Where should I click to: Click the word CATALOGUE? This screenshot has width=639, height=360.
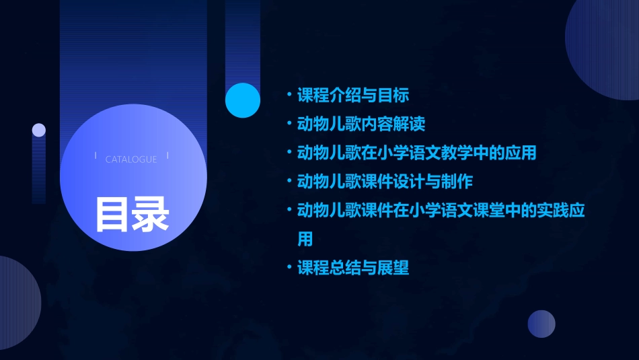click(131, 159)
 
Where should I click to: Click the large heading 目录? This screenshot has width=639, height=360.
click(132, 214)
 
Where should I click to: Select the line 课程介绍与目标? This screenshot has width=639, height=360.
click(353, 95)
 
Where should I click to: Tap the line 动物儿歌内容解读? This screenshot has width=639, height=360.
click(361, 124)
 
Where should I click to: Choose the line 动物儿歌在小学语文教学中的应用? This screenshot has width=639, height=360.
click(417, 153)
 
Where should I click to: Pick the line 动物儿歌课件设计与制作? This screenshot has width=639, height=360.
click(385, 182)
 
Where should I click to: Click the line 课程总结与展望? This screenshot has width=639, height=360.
click(353, 268)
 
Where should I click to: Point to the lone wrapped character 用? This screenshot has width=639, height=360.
click(305, 239)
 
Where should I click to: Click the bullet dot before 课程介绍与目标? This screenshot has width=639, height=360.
click(289, 95)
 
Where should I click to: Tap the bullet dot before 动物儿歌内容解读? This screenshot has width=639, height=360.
click(289, 124)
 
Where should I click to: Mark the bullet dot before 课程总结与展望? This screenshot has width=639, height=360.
click(289, 268)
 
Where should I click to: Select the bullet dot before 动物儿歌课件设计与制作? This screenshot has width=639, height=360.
click(289, 182)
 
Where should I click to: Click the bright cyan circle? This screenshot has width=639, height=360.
click(243, 100)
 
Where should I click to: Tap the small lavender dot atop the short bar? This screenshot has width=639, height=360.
click(39, 130)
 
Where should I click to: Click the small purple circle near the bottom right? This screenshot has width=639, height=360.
click(541, 324)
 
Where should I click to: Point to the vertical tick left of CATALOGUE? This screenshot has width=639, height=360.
click(96, 156)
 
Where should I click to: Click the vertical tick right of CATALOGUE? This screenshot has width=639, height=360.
click(167, 156)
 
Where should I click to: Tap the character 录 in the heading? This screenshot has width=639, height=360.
click(151, 214)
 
